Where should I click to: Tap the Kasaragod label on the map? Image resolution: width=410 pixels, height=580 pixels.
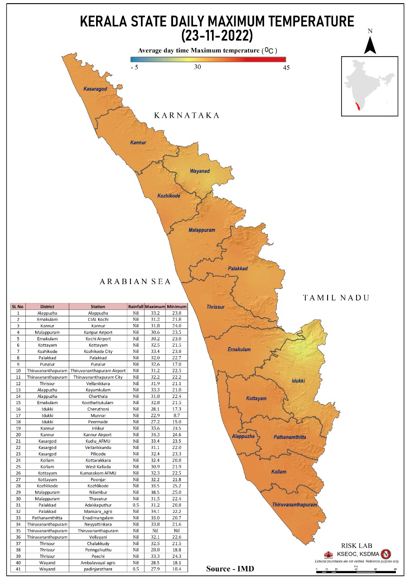(x=95, y=89)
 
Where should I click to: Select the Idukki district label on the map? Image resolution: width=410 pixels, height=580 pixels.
(x=298, y=381)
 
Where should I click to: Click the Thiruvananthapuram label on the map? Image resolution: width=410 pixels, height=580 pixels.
(x=294, y=504)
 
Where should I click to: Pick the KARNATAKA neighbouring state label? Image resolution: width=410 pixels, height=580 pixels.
(x=187, y=116)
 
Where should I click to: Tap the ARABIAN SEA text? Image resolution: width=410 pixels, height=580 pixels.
(x=135, y=282)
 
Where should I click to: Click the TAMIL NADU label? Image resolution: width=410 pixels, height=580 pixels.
(x=336, y=298)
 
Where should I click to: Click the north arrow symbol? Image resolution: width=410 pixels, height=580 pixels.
(x=370, y=43)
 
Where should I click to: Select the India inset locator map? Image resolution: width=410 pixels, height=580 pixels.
(x=369, y=86)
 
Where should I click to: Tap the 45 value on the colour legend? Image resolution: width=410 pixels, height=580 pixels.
(x=285, y=68)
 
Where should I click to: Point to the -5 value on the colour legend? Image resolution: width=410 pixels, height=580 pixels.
(x=134, y=68)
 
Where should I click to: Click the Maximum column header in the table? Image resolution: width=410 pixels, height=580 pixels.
(x=155, y=307)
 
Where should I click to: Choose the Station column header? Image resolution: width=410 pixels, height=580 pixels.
(x=98, y=307)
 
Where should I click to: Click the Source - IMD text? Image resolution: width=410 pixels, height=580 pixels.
(x=230, y=568)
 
